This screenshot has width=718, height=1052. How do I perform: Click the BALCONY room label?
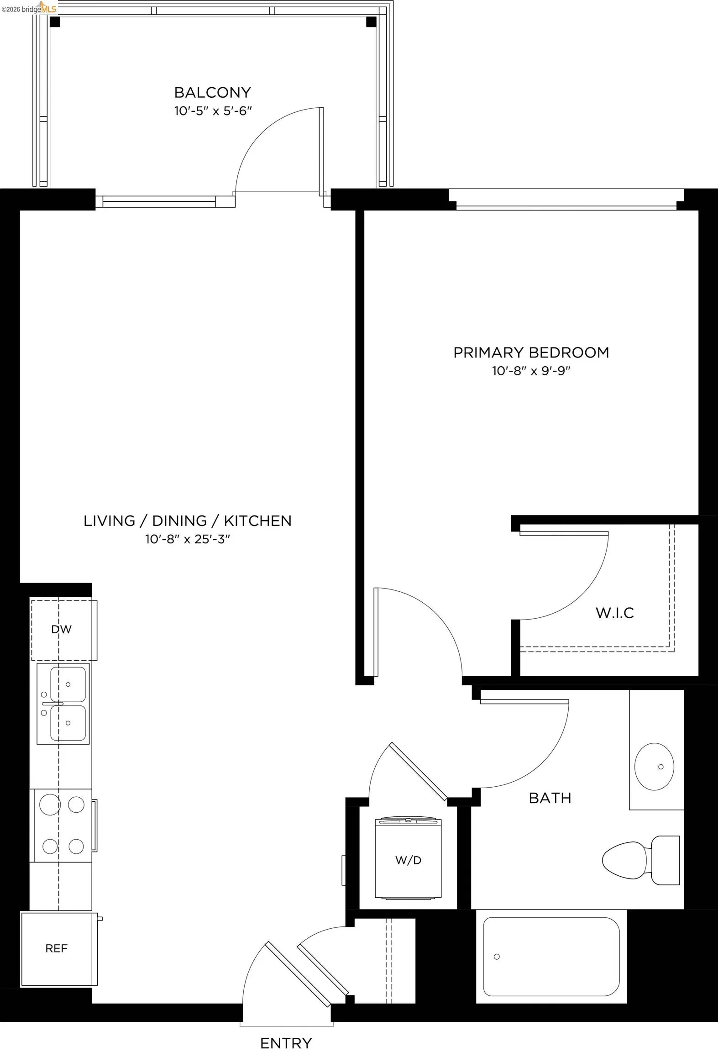[x=213, y=93]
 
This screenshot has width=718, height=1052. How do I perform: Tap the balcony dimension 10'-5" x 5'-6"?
[x=213, y=111]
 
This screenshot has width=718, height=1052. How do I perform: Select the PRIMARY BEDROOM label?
[x=531, y=352]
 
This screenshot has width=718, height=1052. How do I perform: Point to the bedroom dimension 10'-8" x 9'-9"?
[x=531, y=371]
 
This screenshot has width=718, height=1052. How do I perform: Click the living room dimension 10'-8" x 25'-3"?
[x=188, y=539]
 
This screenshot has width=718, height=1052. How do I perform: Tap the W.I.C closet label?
[x=615, y=613]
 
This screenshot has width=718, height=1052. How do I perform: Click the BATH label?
[x=550, y=798]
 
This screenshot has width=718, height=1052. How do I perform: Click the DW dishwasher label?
[x=61, y=630]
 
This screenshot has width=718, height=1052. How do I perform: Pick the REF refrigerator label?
[x=57, y=948]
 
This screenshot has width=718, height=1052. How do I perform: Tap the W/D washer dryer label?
[x=408, y=860]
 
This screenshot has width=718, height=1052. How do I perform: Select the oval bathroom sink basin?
[x=654, y=767]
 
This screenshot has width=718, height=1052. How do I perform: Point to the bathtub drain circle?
[x=497, y=957]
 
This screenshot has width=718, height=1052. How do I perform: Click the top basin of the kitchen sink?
[x=68, y=684]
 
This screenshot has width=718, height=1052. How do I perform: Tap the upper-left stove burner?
[x=50, y=805]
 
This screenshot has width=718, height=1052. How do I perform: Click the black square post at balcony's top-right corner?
[x=371, y=21]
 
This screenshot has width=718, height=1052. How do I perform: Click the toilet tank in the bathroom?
[x=666, y=860]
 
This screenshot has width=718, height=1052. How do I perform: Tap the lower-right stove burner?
[x=76, y=846]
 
